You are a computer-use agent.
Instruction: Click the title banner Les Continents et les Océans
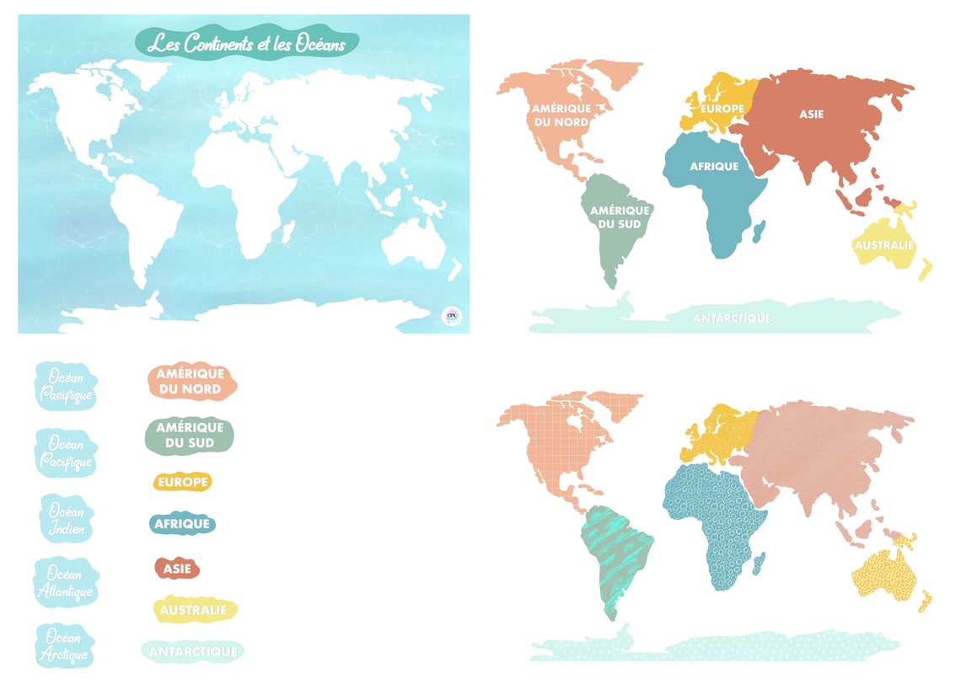246,43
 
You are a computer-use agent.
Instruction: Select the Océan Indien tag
66,519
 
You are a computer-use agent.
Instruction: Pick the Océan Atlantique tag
66,581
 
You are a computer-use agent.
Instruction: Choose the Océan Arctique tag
66,645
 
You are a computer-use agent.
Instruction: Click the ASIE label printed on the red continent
812,114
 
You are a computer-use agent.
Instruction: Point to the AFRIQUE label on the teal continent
714,167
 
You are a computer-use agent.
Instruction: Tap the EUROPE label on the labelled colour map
722,109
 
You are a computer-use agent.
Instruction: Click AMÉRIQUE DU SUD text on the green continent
620,217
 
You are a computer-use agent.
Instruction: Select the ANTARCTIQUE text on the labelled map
732,318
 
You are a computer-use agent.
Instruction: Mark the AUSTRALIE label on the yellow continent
884,245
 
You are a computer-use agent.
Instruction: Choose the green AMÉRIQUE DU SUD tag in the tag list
190,436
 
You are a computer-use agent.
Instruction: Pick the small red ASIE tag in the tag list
177,569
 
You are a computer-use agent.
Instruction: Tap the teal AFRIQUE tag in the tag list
182,524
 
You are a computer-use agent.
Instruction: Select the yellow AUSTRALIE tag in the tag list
193,609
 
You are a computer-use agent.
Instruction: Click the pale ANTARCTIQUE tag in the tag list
191,651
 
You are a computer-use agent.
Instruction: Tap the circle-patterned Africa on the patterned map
712,522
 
